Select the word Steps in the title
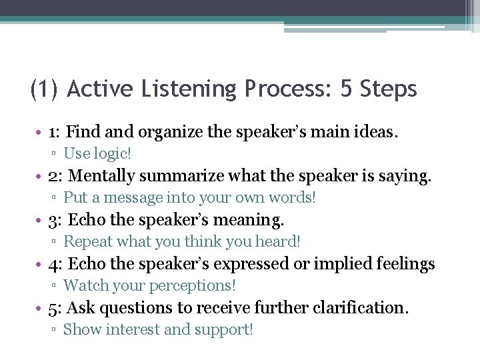(388, 89)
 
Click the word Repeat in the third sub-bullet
(85, 241)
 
